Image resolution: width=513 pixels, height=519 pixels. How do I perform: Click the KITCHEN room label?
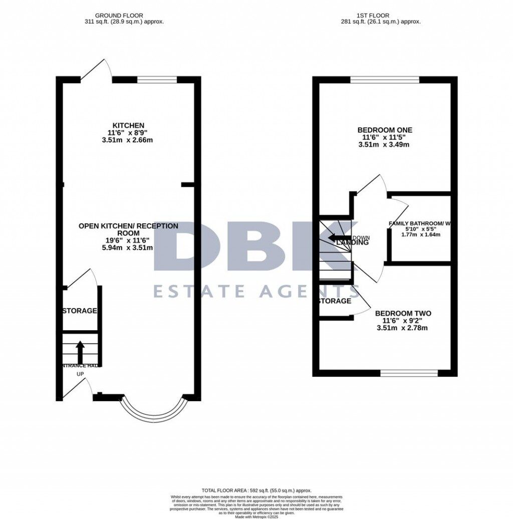click(128, 125)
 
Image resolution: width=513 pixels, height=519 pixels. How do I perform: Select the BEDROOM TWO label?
click(403, 314)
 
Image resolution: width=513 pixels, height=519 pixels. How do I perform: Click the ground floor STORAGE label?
click(79, 311)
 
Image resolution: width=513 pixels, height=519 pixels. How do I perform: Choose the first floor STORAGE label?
click(335, 301)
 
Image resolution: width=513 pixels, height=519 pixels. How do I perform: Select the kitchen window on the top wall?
click(157, 79)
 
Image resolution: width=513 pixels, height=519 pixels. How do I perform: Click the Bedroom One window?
click(384, 79)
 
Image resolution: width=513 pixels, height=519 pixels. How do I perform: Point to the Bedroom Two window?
click(409, 373)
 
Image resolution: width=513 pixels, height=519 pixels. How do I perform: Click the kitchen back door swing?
click(95, 70)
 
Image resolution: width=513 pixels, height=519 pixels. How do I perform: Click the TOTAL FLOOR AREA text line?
click(256, 490)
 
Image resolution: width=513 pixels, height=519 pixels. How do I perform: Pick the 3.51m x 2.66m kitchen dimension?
click(128, 140)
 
